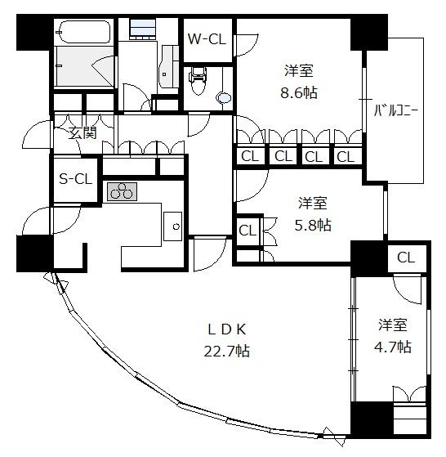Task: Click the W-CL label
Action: pos(207,39)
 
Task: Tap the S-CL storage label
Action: pos(75,178)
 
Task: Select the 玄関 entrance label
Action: pos(83,133)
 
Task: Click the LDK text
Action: pos(227,329)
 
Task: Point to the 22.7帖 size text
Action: pos(227,351)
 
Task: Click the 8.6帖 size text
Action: pos(299,92)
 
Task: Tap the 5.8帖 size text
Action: pos(313,225)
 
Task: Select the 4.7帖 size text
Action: pos(392,347)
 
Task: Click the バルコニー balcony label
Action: pos(396,110)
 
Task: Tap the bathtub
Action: pos(84,32)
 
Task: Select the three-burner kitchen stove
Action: pos(122,192)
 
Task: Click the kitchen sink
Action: pos(172,226)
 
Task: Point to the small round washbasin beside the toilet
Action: pos(224,98)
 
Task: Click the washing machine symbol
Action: pos(142,29)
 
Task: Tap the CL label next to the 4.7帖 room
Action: pos(405,258)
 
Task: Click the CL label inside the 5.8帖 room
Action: pos(248,231)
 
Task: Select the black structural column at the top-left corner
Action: pos(35,32)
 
